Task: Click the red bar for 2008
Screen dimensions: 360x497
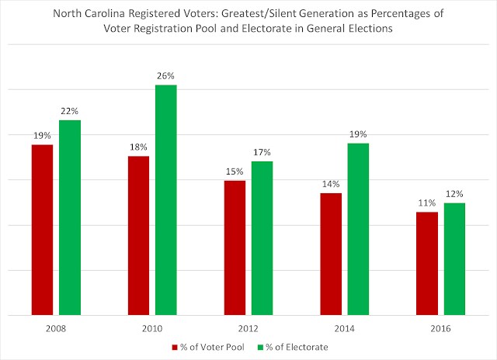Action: point(42,230)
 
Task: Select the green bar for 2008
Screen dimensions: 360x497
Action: point(70,218)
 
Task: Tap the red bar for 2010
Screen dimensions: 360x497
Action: point(138,236)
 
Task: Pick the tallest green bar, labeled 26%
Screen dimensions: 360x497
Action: point(166,200)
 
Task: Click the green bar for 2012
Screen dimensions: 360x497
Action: point(262,238)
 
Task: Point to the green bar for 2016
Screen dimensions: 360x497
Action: point(454,259)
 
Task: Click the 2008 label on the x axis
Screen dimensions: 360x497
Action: point(56,328)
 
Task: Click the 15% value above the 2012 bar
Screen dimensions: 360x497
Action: point(235,172)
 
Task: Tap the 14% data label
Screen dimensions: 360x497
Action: point(331,185)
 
